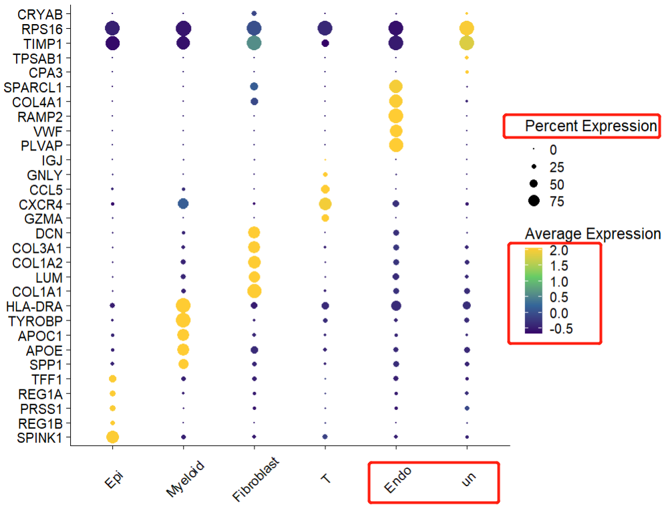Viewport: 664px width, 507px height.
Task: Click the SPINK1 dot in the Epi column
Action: point(112,437)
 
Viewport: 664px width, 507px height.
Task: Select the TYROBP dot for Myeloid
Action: point(183,320)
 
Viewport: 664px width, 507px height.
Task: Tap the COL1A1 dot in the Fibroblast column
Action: point(254,291)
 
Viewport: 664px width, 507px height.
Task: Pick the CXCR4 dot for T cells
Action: point(325,203)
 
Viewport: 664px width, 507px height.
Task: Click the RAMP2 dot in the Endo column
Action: point(395,116)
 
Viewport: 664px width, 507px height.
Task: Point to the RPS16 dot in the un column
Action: point(466,28)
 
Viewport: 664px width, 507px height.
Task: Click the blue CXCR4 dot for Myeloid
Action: point(183,203)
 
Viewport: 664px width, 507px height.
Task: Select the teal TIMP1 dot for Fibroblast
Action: point(254,43)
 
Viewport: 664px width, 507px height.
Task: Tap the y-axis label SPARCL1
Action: point(39,86)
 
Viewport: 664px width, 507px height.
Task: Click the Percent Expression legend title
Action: point(591,126)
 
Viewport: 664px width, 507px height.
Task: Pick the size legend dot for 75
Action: point(534,200)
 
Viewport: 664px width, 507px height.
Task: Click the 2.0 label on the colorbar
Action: point(559,250)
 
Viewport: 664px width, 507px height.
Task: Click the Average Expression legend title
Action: point(593,234)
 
